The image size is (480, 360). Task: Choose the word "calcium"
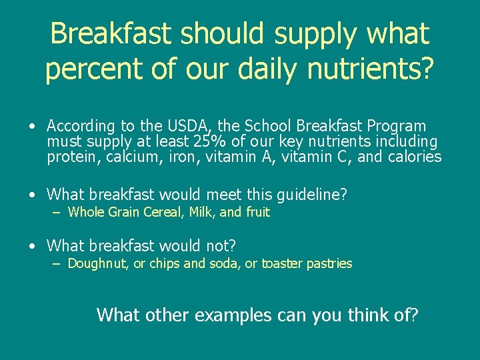click(129, 157)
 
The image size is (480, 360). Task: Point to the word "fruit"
click(257, 213)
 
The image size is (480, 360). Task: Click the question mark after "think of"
click(415, 315)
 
